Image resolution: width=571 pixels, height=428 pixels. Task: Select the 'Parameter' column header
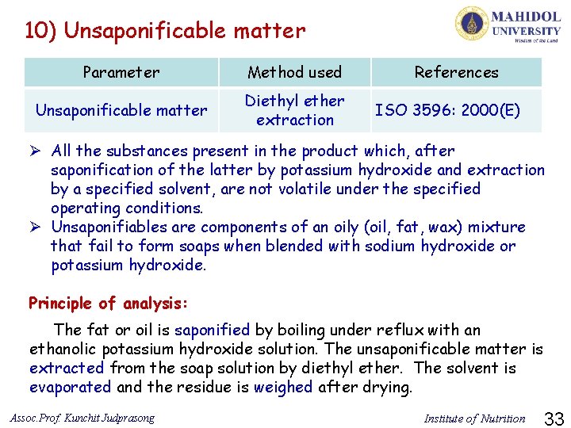coord(121,72)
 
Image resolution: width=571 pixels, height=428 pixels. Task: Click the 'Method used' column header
coord(294,72)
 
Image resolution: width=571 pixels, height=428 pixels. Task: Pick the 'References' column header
coord(456,72)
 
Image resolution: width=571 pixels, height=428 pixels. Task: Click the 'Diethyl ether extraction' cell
coord(294,110)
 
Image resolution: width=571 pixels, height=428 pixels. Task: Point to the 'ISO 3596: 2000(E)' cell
coord(447,110)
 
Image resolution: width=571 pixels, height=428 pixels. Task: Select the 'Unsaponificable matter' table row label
coord(121,110)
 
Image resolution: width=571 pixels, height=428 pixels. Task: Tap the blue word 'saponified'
coord(212,330)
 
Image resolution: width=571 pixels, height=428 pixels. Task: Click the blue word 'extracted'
coord(67,368)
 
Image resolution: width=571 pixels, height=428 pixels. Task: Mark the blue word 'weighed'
coord(285,387)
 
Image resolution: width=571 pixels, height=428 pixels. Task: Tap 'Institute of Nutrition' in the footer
coord(474,418)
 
